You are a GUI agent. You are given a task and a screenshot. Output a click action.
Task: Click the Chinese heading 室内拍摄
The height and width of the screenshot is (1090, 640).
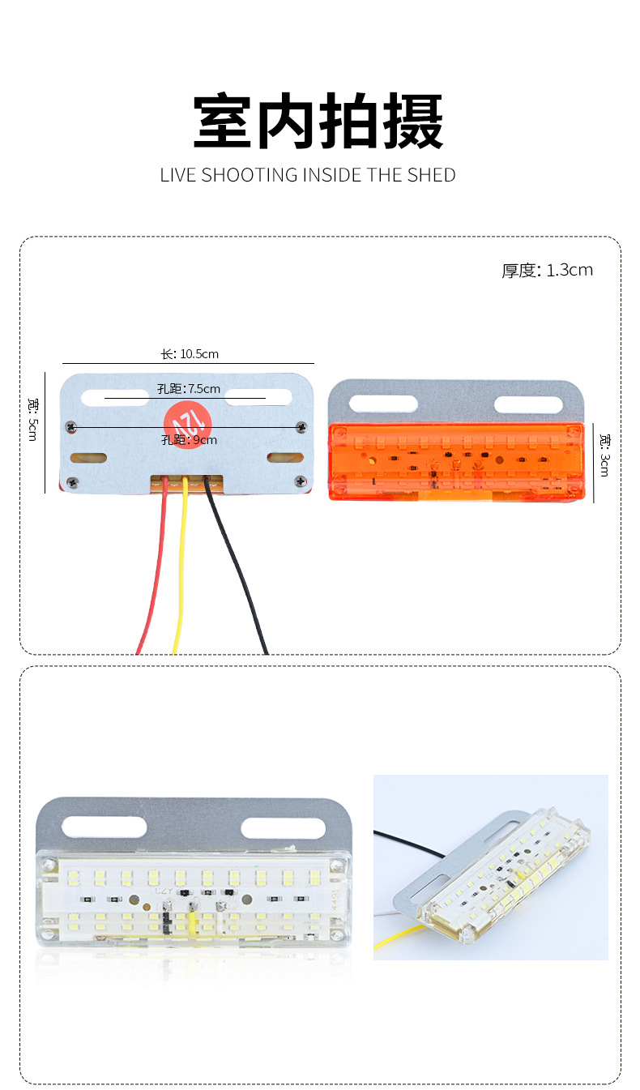[x=318, y=122]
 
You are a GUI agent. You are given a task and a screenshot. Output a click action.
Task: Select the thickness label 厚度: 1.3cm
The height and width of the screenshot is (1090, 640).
[x=547, y=271]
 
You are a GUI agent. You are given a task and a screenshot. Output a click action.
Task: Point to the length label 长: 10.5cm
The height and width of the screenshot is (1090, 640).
[x=189, y=354]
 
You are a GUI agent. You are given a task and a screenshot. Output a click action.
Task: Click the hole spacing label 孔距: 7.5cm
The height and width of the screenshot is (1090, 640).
[x=189, y=389]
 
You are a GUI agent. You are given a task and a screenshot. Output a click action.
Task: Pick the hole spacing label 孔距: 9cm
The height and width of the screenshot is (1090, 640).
[x=189, y=440]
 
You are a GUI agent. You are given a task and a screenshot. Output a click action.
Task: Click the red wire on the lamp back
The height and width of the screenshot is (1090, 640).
[x=154, y=567]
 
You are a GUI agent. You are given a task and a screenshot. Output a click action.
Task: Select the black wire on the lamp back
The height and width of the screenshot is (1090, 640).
[x=240, y=567]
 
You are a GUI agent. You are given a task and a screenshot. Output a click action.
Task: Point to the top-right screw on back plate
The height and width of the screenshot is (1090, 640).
[x=302, y=426]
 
